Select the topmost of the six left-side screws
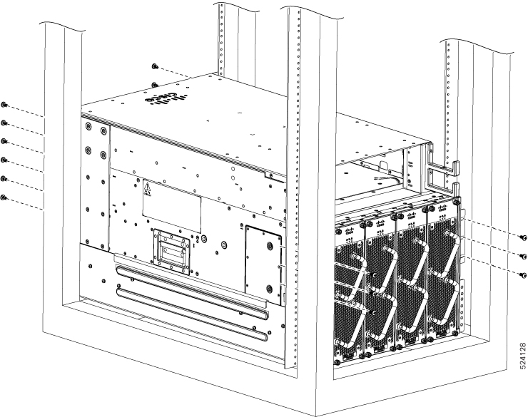click(x=4, y=105)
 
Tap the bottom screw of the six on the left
click(x=4, y=197)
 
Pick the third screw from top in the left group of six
click(x=4, y=141)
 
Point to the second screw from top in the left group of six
click(x=4, y=123)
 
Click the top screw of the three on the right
click(x=523, y=237)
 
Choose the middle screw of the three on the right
click(x=523, y=255)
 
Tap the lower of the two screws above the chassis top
click(x=155, y=85)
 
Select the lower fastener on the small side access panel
click(x=269, y=289)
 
